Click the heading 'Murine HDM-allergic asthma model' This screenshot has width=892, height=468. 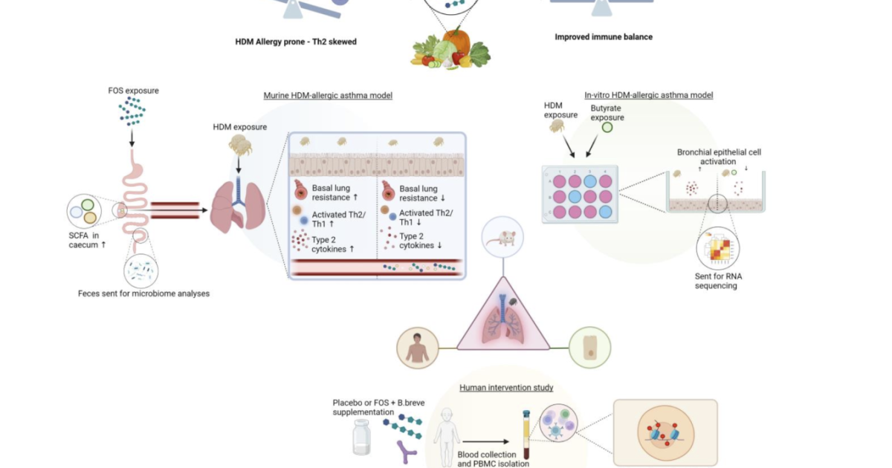(328, 96)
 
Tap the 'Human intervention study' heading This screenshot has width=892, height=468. (506, 387)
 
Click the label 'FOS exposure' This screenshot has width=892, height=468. (133, 91)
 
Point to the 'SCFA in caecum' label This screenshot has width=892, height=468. (83, 239)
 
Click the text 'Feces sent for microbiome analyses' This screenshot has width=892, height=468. (143, 293)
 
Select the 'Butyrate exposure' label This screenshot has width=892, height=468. (607, 113)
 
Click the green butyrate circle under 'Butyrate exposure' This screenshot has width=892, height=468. (607, 128)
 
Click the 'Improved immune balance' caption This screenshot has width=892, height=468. (604, 36)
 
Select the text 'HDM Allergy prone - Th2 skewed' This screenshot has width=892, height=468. (296, 42)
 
